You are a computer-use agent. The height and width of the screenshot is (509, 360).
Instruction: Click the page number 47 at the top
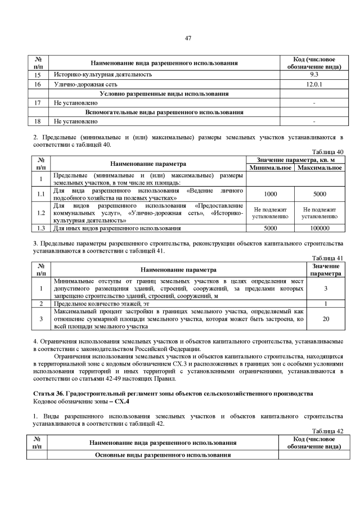(x=188, y=38)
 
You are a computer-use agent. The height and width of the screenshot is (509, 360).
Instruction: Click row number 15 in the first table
(x=38, y=74)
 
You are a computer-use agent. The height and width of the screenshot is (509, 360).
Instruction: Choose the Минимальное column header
(x=270, y=168)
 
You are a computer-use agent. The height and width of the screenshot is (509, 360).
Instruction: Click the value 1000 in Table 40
(x=270, y=193)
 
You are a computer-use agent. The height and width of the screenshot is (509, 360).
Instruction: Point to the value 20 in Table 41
(x=326, y=318)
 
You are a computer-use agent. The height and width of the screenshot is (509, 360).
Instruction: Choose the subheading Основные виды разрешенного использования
(x=164, y=454)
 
